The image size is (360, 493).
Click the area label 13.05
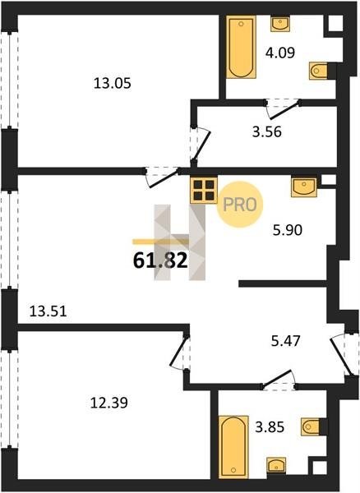tap(113, 84)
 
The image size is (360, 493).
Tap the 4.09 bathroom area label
tap(280, 53)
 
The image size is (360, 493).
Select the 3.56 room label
tap(267, 131)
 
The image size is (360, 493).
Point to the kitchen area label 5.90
tap(288, 230)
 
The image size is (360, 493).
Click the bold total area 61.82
tap(160, 260)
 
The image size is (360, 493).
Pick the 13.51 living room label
tap(48, 311)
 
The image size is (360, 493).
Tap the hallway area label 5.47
tap(286, 340)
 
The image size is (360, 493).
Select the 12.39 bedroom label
tap(109, 403)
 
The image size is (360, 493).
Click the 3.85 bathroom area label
tap(270, 427)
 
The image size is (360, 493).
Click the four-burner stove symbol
tap(204, 191)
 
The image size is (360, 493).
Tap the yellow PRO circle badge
tap(240, 205)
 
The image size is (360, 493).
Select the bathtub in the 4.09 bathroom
tap(241, 47)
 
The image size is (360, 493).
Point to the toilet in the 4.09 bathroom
tap(319, 71)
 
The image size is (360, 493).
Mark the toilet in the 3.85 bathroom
tap(311, 426)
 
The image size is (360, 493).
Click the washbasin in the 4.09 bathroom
tap(280, 24)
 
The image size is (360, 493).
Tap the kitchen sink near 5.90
tap(304, 187)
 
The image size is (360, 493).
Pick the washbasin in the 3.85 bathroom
tap(276, 465)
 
